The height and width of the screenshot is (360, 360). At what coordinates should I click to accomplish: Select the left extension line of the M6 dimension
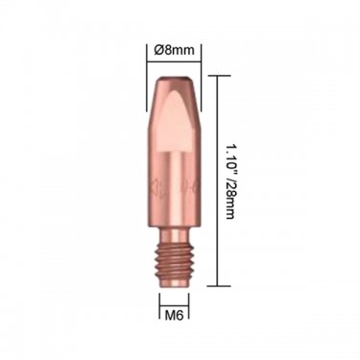(159, 307)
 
